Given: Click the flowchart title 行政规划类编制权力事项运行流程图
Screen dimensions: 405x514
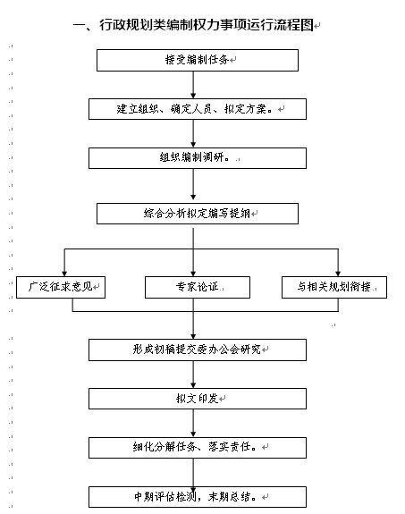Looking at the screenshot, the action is pos(207,25).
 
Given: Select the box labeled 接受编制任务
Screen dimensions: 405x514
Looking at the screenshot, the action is pos(198,60).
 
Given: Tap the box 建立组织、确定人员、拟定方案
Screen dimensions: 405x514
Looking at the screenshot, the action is pos(198,109).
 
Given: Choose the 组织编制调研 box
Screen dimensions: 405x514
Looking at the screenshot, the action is pos(198,158).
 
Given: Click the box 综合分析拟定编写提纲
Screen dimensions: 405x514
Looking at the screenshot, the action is pos(198,214).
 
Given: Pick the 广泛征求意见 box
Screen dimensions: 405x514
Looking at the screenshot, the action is pos(61,287).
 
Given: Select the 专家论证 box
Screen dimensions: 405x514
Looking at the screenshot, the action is pos(198,287).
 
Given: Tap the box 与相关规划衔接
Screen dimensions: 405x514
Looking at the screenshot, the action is pos(334,287).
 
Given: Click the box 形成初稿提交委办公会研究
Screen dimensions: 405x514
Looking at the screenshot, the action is pos(198,350).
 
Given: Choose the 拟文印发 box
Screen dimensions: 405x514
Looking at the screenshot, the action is pos(198,399).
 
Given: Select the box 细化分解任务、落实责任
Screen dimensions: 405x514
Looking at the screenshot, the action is pos(198,448).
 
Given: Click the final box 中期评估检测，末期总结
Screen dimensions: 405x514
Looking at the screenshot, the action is pos(198,497).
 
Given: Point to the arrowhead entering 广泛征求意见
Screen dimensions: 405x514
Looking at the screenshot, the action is pos(64,274).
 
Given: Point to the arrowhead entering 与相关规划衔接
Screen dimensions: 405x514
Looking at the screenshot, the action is pos(338,274).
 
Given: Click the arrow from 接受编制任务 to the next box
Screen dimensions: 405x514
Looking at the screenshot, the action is pos(193,85).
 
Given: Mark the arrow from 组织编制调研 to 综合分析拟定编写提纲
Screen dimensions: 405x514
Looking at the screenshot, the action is pos(193,184).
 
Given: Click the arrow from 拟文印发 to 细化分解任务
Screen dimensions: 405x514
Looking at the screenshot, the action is pos(193,423).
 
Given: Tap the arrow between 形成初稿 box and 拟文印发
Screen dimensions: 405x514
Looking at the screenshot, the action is pos(193,375).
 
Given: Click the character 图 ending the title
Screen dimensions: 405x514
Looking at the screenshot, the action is pos(308,25).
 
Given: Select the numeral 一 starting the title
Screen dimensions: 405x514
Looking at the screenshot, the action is pos(79,26).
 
